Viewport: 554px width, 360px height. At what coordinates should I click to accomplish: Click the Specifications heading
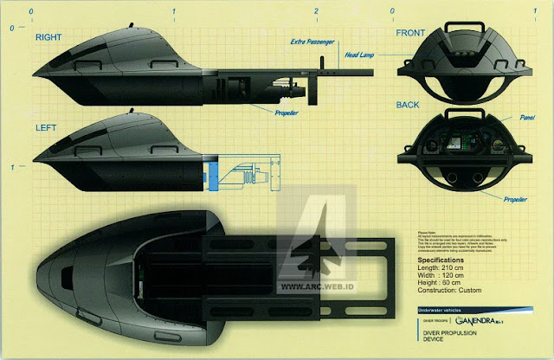tap(452, 259)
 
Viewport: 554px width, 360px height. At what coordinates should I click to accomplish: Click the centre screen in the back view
tap(456, 144)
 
